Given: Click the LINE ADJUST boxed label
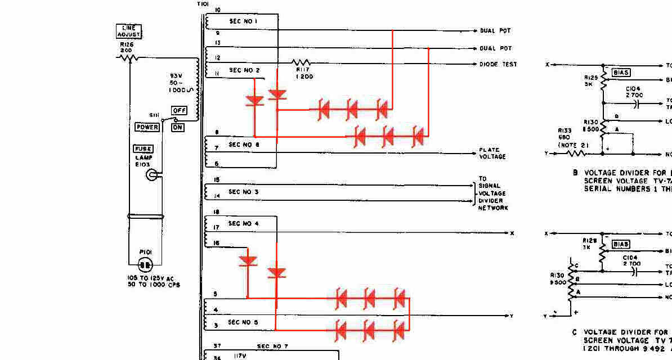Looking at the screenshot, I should (129, 31).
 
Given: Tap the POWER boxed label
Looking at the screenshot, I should (147, 127).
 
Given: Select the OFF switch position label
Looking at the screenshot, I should (179, 111).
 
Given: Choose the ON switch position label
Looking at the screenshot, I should (178, 128).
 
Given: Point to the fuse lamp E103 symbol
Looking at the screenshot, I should (151, 175).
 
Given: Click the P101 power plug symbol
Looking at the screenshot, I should (145, 264).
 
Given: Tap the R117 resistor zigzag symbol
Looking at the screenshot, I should (301, 62).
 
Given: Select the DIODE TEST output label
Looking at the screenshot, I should (498, 65).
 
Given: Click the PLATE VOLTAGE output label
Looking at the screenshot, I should (492, 153).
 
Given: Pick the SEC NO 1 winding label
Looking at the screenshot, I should (243, 21).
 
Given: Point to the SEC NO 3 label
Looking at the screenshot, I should (244, 192).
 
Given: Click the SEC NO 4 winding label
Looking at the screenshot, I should (244, 223).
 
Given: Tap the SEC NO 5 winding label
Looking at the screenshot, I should (243, 322).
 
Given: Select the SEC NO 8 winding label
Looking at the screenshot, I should (243, 145).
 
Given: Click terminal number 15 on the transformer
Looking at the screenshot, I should (217, 180).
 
